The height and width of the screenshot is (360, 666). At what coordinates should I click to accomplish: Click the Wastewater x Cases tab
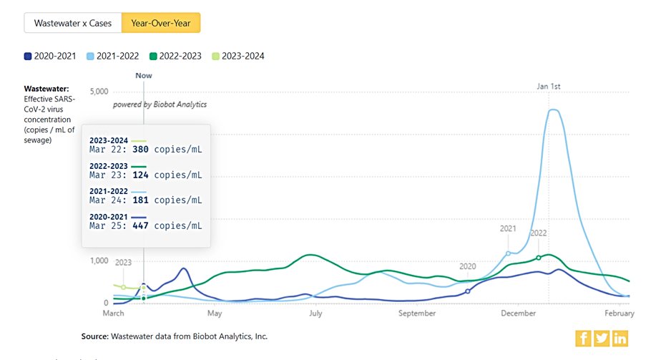click(x=73, y=23)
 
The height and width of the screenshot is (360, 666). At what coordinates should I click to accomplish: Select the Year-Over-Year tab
click(x=161, y=23)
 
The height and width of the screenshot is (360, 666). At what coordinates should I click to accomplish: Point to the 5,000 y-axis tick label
click(x=98, y=92)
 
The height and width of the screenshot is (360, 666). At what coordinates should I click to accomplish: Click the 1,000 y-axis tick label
click(x=98, y=261)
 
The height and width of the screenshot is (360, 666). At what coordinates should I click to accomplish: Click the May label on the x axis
click(x=215, y=313)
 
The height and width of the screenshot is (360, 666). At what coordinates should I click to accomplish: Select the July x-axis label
click(x=314, y=313)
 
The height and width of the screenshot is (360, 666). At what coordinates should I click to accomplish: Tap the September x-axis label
click(x=417, y=313)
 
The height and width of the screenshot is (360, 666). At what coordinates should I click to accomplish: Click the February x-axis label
click(x=620, y=313)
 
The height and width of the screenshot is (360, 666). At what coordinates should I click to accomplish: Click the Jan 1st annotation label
click(x=549, y=87)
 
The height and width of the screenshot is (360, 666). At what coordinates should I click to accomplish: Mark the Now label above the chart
click(x=144, y=75)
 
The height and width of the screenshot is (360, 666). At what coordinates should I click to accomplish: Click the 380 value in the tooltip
click(x=140, y=150)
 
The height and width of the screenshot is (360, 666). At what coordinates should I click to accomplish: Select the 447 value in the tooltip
click(x=140, y=225)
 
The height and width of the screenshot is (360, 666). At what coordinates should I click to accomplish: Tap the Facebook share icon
click(x=583, y=339)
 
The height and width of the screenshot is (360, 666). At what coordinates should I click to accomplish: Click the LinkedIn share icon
click(x=620, y=339)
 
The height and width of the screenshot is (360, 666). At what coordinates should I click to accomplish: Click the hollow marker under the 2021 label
click(x=508, y=253)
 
